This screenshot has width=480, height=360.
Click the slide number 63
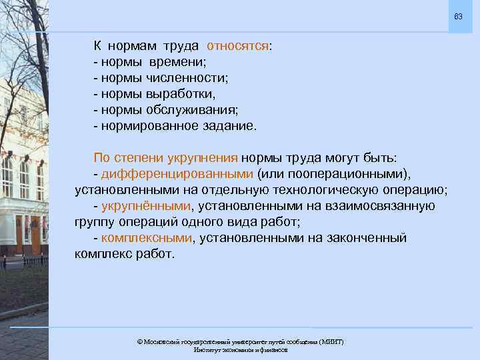458,15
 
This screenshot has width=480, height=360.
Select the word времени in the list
179,62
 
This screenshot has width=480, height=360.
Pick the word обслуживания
195,110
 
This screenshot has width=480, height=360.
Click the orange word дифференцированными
177,174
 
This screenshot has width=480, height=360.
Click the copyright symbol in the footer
139,341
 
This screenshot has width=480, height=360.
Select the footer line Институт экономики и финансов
240,350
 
